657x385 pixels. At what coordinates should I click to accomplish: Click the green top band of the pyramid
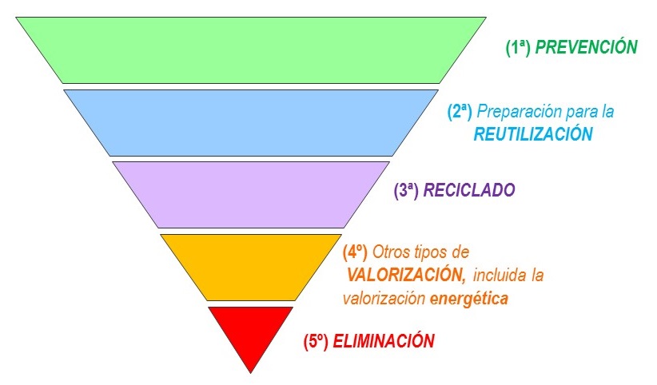251,50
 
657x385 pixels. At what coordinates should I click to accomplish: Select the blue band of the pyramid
251,122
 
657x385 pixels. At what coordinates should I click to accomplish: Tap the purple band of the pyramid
251,194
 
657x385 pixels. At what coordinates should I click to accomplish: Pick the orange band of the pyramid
251,265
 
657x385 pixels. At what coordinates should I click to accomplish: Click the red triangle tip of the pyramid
251,331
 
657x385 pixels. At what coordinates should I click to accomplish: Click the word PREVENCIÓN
586,47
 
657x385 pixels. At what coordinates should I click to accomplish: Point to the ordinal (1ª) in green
518,47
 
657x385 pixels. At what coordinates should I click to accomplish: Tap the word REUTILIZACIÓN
533,134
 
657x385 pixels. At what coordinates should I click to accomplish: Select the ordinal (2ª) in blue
460,111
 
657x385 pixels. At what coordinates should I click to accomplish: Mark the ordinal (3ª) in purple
407,191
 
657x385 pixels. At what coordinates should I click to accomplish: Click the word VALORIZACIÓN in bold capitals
407,276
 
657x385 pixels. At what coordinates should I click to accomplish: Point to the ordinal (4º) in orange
355,252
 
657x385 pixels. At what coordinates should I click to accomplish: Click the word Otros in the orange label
390,252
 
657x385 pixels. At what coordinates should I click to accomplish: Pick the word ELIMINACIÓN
384,341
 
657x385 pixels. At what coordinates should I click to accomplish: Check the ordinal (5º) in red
316,341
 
